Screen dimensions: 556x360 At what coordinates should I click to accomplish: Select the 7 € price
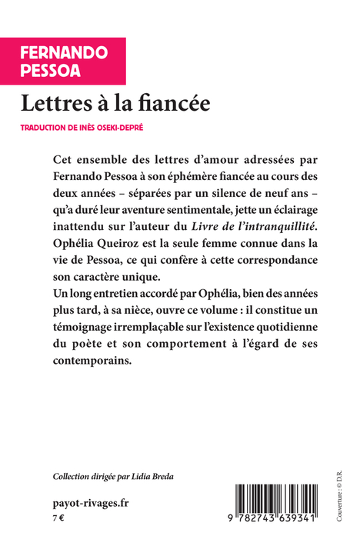click(x=58, y=520)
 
